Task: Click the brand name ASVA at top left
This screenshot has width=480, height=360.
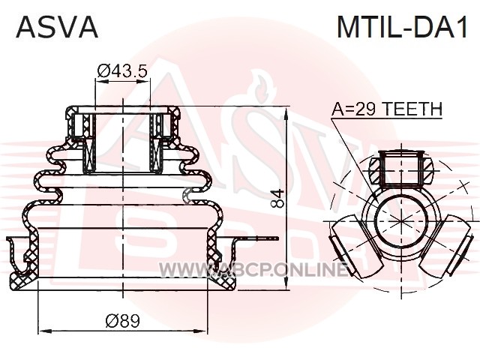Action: [x=57, y=27]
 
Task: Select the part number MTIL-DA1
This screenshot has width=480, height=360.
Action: [x=403, y=27]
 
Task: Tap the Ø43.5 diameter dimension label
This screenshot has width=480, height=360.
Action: [x=122, y=71]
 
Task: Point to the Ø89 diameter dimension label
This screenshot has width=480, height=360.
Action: [x=122, y=321]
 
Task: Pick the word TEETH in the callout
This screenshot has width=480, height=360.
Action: [x=412, y=109]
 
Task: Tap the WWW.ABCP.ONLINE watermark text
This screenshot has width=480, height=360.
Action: [x=253, y=270]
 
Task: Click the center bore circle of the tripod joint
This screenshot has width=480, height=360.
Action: [x=401, y=221]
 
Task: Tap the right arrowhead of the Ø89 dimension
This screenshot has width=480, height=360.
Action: [x=201, y=331]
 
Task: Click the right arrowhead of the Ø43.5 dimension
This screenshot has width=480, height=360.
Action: [x=144, y=82]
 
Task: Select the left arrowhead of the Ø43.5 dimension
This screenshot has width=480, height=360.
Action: [x=102, y=82]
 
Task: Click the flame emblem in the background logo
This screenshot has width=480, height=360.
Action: [x=260, y=88]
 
